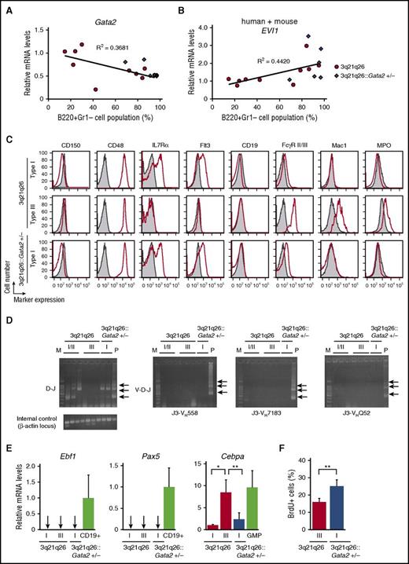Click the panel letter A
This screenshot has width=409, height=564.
pyautogui.click(x=9, y=7)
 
